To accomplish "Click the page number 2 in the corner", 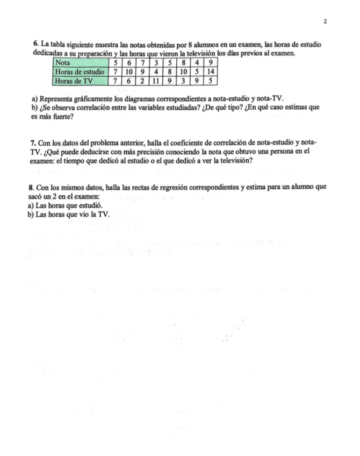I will click(326, 22).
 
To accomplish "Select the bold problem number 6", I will click(35, 43).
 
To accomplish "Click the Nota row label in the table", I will click(63, 63).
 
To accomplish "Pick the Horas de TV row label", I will click(74, 81).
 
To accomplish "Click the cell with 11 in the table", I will click(154, 81).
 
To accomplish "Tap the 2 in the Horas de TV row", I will click(141, 81).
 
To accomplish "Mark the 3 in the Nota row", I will click(154, 63).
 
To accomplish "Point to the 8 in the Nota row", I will click(182, 63).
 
